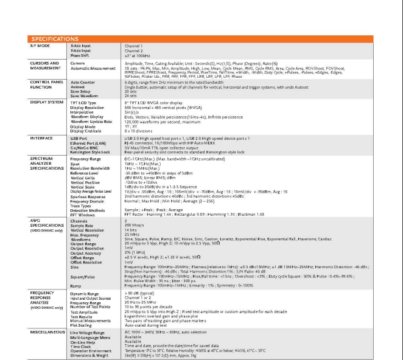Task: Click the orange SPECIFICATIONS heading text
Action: coord(55,39)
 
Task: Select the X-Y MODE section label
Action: coord(40,46)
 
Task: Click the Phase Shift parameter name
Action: coord(80,55)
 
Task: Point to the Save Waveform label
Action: coord(84,95)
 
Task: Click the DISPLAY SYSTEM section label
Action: coord(46,103)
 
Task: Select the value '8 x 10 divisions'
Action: coord(140,130)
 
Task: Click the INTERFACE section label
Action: coord(41,138)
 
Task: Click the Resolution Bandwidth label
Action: coord(91,168)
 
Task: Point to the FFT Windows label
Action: coord(83,215)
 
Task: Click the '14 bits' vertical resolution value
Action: coord(131,230)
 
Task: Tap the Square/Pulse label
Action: coord(83,276)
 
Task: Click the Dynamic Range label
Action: coord(85,294)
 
